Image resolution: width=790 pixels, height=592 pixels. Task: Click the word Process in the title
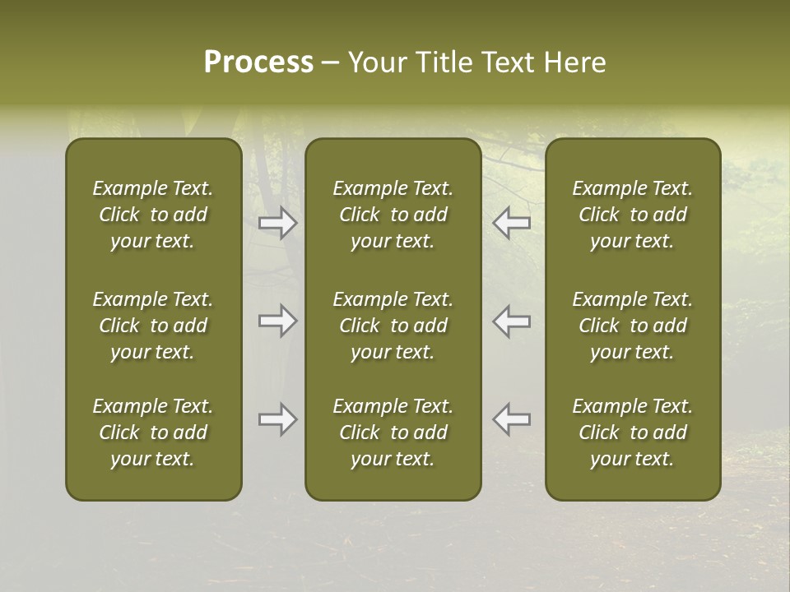[258, 62]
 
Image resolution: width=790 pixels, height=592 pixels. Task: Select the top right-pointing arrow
[277, 223]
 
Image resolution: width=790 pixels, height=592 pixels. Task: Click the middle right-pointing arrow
[277, 321]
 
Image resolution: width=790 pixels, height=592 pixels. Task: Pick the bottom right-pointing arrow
[277, 419]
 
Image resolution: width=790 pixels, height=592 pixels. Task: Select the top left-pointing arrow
[512, 223]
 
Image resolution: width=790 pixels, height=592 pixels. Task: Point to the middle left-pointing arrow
[512, 321]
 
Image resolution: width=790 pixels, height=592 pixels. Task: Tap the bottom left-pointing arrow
[512, 419]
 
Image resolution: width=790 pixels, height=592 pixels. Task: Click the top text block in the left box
[153, 215]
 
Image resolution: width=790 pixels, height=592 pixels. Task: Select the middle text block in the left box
[153, 326]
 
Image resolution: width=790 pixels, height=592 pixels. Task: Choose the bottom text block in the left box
[153, 432]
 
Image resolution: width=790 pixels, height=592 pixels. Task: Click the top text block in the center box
[393, 215]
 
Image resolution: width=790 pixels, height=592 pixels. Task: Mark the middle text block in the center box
[393, 326]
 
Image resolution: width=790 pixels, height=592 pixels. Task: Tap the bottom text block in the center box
[393, 432]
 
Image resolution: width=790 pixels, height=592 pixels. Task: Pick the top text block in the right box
[633, 215]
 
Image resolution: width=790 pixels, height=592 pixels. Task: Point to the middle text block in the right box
[633, 326]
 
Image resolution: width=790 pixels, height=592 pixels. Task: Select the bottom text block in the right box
[633, 432]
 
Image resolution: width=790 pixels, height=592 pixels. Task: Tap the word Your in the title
[374, 62]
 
